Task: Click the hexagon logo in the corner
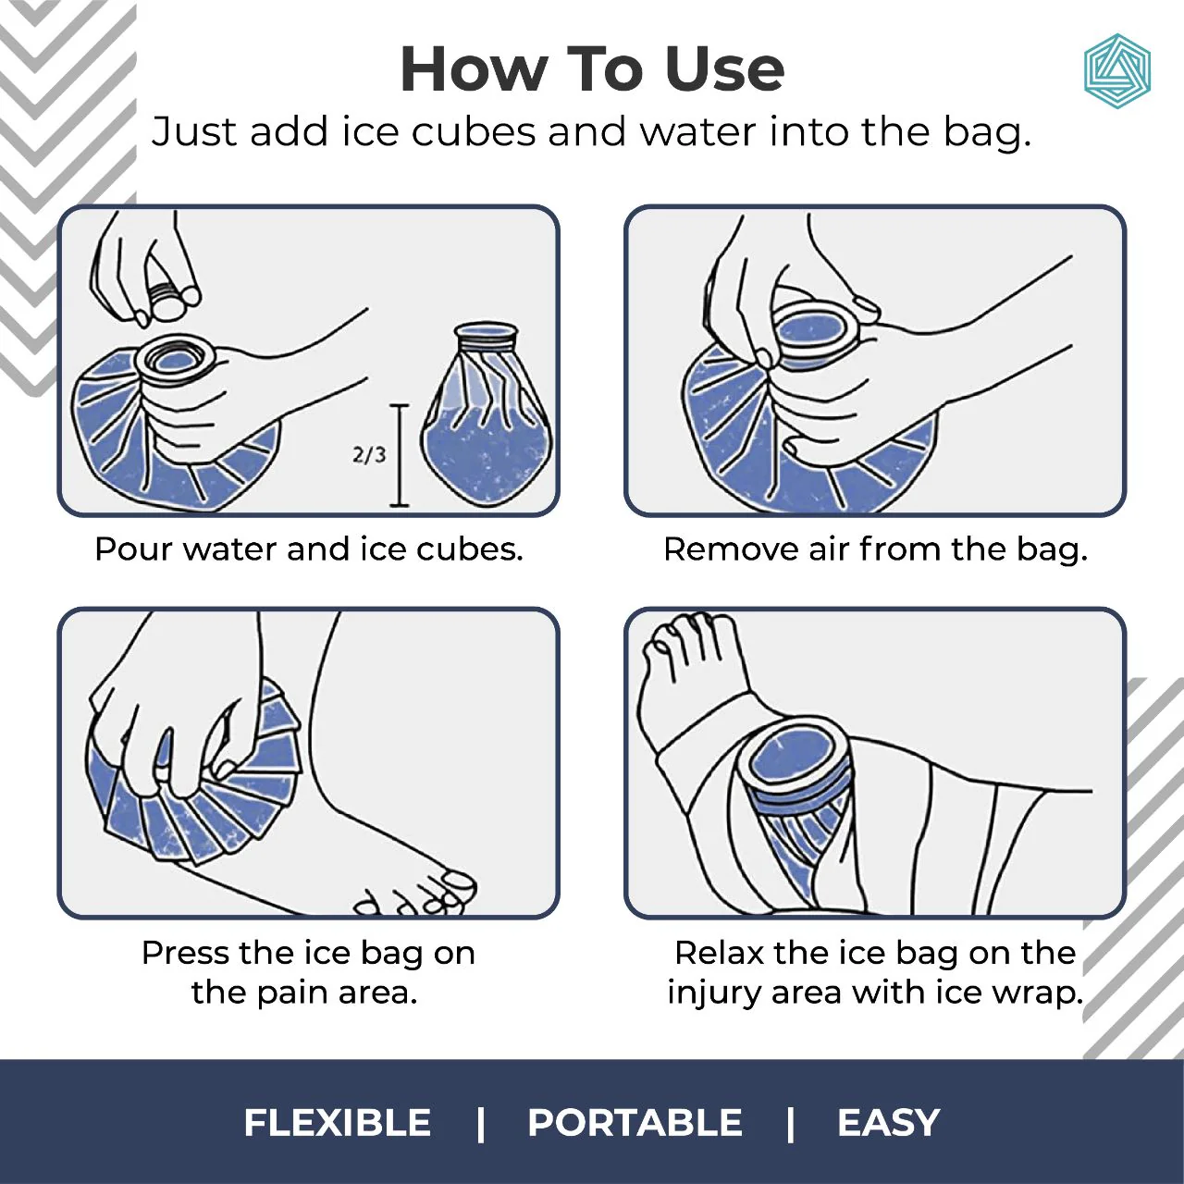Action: pos(1116,71)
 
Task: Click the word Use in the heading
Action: pos(724,69)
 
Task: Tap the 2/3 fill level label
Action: pos(368,454)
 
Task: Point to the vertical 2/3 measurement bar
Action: pos(400,455)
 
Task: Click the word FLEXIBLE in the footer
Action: pos(338,1123)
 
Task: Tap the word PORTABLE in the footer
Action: pos(635,1123)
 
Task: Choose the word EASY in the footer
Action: pos(888,1123)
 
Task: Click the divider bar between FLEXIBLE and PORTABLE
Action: pos(480,1123)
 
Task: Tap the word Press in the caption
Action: pos(184,953)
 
